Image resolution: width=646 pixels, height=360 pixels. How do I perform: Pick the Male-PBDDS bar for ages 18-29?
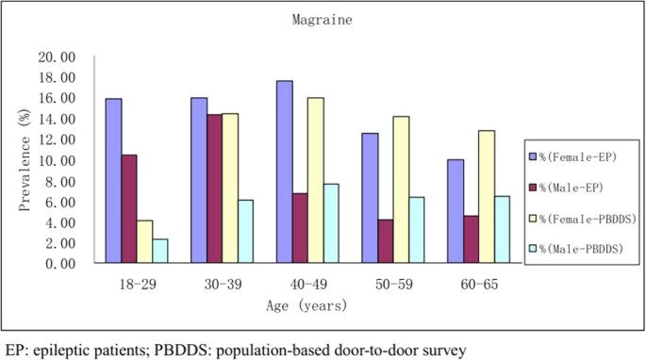tap(160, 252)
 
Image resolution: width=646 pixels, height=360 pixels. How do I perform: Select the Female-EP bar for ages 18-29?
tap(113, 181)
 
